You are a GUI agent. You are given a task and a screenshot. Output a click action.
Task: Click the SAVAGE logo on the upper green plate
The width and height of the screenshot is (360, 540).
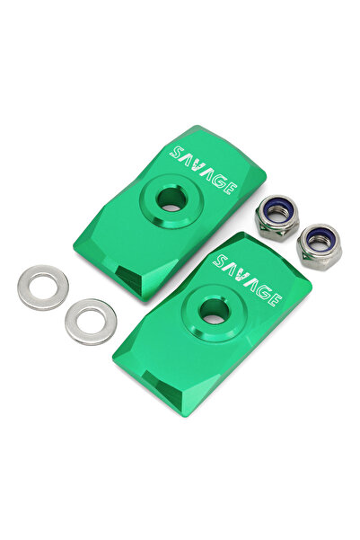click(x=203, y=170)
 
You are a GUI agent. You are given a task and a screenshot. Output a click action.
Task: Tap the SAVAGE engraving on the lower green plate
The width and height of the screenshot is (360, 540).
click(x=247, y=280)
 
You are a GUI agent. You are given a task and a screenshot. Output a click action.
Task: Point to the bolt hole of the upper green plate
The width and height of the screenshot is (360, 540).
click(x=171, y=199)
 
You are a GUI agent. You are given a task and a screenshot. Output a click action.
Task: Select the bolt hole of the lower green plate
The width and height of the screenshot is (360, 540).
click(x=214, y=311)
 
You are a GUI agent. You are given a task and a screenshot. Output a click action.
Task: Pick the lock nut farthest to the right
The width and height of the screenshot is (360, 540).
click(x=319, y=246)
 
